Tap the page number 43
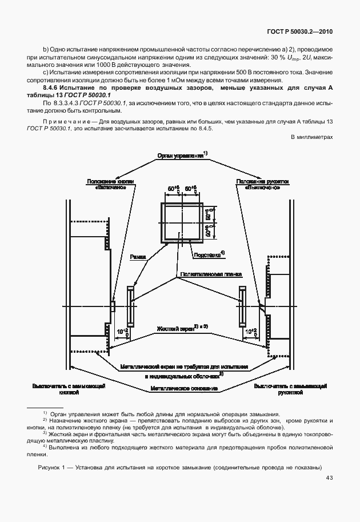329,478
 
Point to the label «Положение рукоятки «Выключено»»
258,184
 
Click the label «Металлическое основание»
184,388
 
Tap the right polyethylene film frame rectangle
240,305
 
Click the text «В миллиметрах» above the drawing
311,137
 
